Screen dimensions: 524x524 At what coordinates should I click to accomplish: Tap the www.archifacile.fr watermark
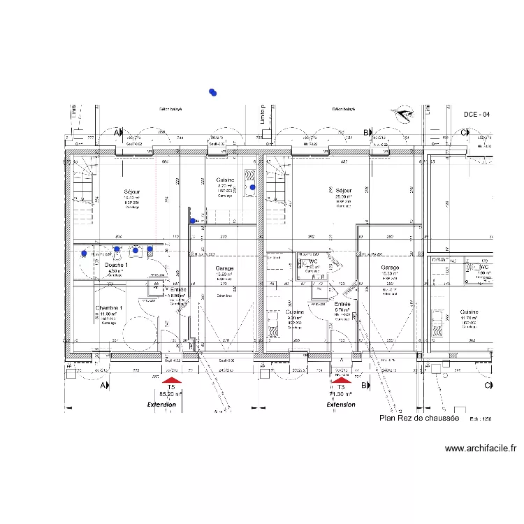tap(480, 449)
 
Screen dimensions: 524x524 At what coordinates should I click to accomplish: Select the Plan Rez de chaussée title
tap(419, 418)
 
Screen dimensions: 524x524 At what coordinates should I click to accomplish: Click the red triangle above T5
tap(172, 380)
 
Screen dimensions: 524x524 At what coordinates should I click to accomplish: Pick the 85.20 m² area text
tap(171, 394)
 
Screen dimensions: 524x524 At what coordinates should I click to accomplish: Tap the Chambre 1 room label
tap(109, 308)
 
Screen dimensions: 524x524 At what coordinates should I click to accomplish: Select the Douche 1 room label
tap(116, 265)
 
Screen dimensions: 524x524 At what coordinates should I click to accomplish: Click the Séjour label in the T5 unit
tap(132, 191)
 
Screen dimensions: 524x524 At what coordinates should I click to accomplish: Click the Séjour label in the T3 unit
tap(343, 190)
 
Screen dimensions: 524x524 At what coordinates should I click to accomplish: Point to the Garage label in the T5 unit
tap(224, 268)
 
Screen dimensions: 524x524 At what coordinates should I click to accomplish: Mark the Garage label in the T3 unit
tap(390, 268)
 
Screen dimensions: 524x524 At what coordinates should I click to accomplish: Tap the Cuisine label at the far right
tap(469, 312)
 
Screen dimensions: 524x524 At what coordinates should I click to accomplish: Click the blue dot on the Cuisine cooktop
tap(253, 187)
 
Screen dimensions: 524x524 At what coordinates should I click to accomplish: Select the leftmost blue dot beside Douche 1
tap(85, 254)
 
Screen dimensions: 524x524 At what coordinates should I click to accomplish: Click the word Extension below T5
tap(161, 405)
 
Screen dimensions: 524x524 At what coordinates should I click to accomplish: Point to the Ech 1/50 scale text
tap(481, 419)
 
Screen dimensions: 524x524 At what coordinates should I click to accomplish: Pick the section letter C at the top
tap(463, 132)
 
